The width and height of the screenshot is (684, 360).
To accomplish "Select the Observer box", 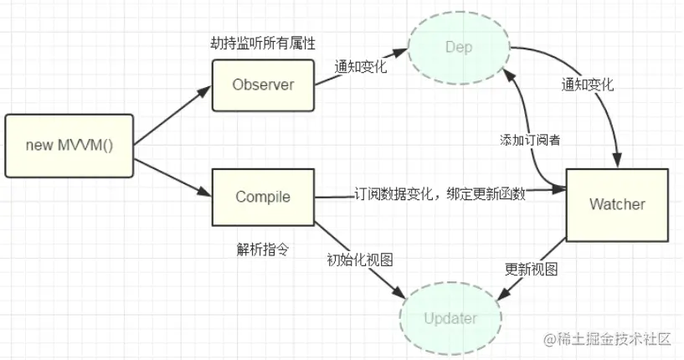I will coord(262,84).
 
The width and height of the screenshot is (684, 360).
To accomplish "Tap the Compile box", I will coord(262,197).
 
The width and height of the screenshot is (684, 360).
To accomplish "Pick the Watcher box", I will coord(617,203).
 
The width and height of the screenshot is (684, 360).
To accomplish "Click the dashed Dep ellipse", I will coord(459,47).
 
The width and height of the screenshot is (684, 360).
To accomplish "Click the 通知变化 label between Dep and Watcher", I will coord(588,85).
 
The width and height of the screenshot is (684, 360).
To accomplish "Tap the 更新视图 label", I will coord(531,270).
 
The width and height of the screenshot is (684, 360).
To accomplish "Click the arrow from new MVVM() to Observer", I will coord(172,115).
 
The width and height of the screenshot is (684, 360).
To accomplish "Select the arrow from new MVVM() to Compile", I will coord(172,173).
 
